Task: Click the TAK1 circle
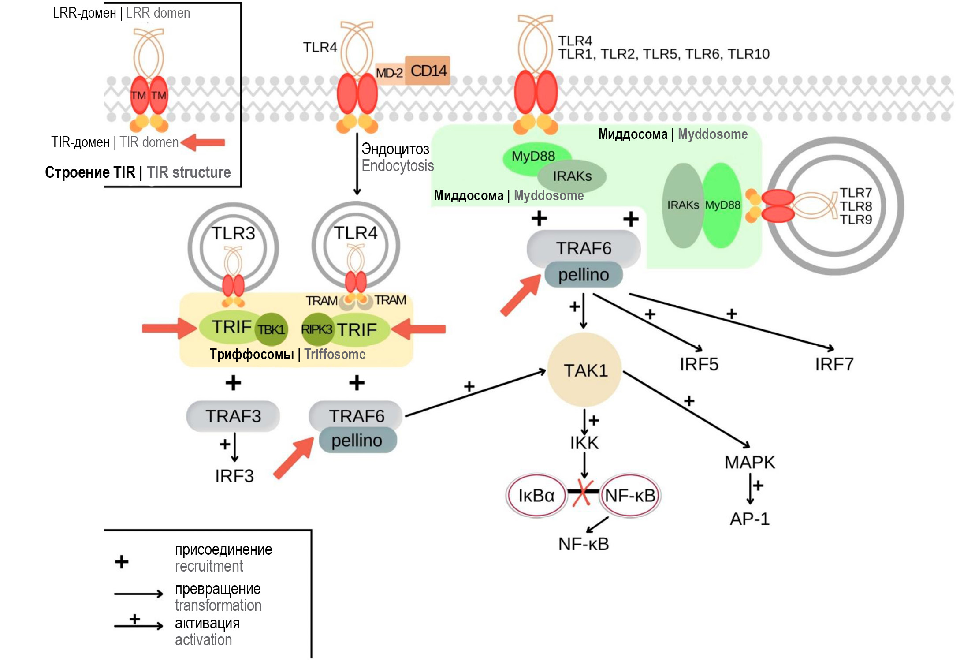(x=585, y=370)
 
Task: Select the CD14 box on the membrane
(x=428, y=71)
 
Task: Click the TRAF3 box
(x=233, y=416)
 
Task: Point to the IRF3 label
(x=234, y=476)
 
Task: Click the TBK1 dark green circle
(x=272, y=329)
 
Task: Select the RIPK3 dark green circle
(x=316, y=329)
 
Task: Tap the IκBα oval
(x=536, y=496)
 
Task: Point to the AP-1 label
(x=749, y=519)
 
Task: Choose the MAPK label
(x=750, y=462)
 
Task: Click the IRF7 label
(x=834, y=364)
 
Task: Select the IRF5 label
(x=699, y=364)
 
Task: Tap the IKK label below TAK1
(x=584, y=443)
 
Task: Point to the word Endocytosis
(x=398, y=166)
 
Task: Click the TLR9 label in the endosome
(x=856, y=220)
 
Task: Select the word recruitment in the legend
(x=209, y=566)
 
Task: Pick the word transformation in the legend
(x=218, y=605)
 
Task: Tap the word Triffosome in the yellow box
(x=335, y=354)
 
